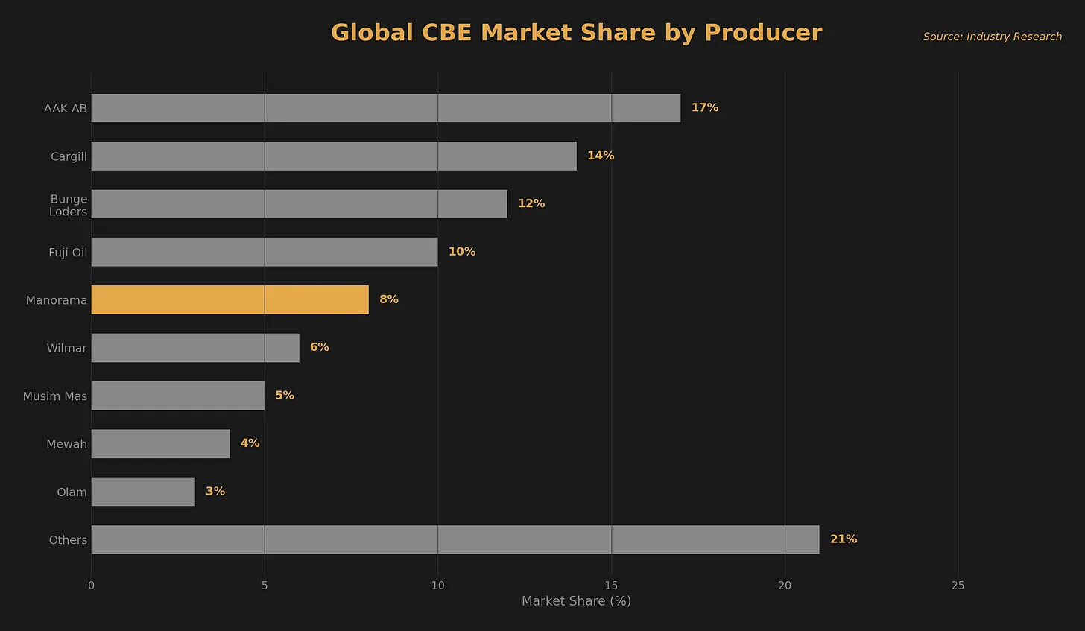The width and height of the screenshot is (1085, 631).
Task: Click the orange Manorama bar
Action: tap(230, 299)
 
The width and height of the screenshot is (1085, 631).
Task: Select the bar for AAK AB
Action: tap(385, 108)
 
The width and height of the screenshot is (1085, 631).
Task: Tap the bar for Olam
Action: tap(143, 492)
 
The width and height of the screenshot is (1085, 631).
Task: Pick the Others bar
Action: tap(455, 539)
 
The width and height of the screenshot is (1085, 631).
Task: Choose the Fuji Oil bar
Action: tap(265, 252)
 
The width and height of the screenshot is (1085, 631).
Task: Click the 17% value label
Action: tap(704, 108)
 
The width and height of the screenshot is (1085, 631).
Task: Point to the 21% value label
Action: tap(843, 539)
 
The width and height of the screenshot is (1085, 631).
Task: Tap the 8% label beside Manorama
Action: tap(388, 299)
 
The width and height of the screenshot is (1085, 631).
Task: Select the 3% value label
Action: tap(215, 492)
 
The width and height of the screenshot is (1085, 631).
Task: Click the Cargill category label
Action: tap(69, 156)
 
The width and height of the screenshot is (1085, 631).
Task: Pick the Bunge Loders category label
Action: tap(68, 205)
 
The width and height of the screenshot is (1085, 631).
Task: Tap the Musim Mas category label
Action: tap(55, 396)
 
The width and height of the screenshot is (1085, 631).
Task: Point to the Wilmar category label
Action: tap(66, 348)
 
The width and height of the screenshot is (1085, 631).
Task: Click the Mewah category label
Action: tap(66, 444)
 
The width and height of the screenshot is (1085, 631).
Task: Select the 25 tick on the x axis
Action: tap(958, 586)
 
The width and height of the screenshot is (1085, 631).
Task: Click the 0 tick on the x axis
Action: tap(91, 586)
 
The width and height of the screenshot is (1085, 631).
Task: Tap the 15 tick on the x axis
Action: tap(611, 586)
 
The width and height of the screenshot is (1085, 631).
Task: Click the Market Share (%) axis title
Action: tap(576, 601)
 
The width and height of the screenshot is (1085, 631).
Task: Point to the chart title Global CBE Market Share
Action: tap(576, 33)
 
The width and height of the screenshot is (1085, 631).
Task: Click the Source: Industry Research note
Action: tap(992, 37)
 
